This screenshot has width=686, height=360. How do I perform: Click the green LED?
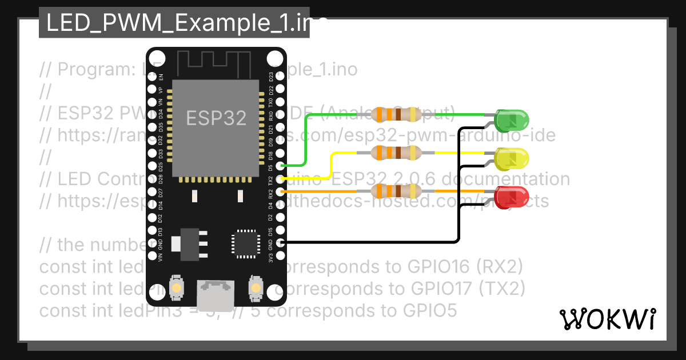(512, 120)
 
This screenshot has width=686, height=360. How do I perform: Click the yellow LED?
(512, 158)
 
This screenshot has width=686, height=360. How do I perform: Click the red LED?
(512, 197)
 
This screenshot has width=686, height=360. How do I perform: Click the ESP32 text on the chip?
(216, 118)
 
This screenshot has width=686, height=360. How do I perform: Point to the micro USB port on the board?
(216, 294)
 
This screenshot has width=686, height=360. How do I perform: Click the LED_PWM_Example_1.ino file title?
(174, 23)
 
